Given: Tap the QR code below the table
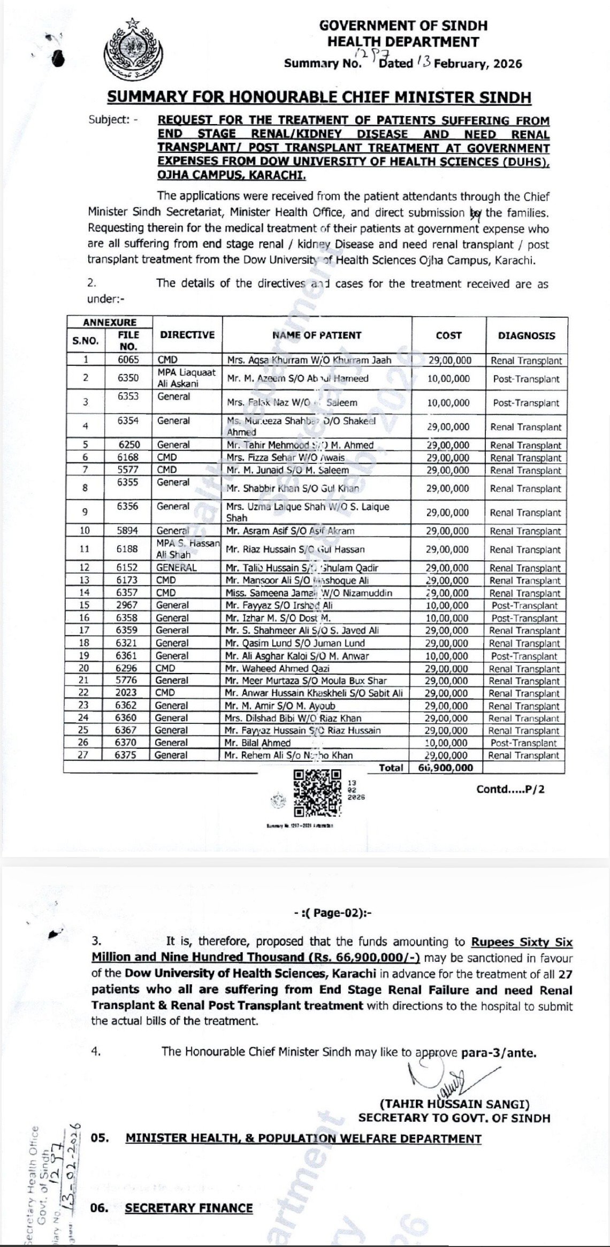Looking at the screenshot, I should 317,793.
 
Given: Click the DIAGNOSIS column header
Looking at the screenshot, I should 526,335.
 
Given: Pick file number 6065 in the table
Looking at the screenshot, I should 128,361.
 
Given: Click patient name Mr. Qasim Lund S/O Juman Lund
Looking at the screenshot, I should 295,643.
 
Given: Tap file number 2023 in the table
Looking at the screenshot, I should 127,693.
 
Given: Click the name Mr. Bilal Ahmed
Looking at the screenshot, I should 258,743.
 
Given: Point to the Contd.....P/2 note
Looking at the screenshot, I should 510,789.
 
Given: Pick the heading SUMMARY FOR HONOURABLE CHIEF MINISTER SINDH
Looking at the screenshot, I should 319,97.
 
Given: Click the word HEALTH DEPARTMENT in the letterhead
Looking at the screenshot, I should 403,41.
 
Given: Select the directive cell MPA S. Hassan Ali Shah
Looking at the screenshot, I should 187,549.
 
